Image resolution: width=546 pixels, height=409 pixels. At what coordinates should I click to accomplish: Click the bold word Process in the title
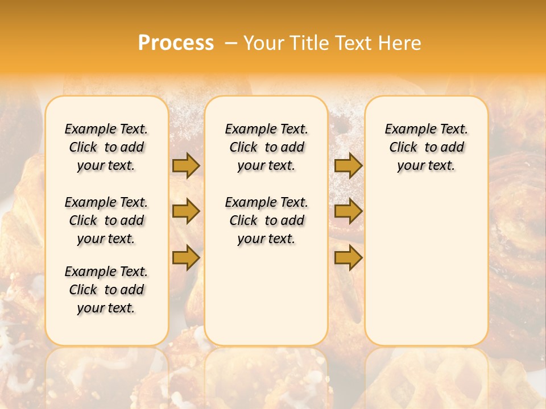[176, 43]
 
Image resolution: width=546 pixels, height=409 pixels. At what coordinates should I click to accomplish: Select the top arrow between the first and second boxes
[186, 166]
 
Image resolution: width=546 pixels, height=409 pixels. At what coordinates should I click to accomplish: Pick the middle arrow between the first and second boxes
[186, 211]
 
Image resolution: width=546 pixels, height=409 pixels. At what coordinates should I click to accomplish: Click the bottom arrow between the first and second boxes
[186, 258]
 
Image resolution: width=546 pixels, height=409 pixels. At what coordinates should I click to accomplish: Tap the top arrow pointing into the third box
[348, 166]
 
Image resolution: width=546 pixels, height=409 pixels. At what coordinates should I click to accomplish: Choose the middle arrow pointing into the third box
[348, 211]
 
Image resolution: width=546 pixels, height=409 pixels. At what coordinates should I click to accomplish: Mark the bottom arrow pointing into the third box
[348, 258]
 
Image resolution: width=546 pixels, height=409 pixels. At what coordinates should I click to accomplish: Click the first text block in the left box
[106, 147]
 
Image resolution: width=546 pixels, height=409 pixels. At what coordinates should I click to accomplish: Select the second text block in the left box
[106, 220]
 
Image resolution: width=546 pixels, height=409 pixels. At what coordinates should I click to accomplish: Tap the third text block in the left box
[106, 290]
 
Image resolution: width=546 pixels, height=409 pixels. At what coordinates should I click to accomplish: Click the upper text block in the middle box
[266, 147]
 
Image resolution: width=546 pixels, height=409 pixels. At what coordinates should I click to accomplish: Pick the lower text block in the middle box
[266, 220]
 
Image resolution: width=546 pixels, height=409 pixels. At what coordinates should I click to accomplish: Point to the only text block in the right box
[426, 147]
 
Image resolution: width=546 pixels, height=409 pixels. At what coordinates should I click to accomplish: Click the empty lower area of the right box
[426, 267]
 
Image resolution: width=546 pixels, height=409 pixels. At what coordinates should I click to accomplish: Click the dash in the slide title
[231, 43]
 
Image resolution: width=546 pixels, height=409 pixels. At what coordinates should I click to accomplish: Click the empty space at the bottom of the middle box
[266, 301]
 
